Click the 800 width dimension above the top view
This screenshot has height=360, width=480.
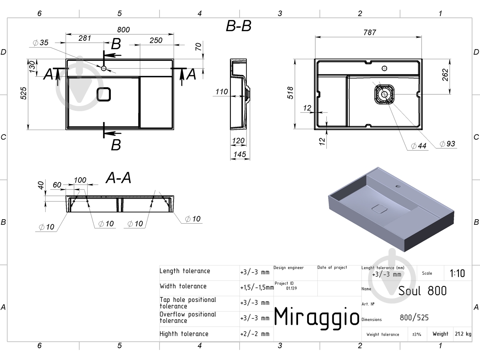tap(123, 30)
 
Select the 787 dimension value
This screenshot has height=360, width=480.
tap(370, 32)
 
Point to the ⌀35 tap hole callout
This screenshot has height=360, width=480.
tap(40, 43)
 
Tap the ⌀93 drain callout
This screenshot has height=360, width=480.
tap(448, 144)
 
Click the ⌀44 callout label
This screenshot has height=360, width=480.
tap(418, 146)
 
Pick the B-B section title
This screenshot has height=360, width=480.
tap(238, 26)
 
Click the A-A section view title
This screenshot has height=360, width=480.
tap(118, 178)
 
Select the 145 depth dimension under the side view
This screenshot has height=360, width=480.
tap(240, 154)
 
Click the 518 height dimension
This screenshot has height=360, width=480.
tap(290, 93)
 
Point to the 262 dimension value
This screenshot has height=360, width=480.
tap(445, 75)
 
